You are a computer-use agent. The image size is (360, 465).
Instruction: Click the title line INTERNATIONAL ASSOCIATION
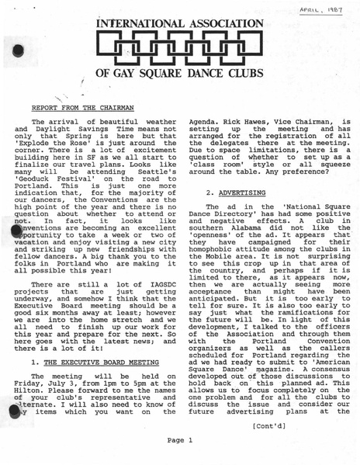[181, 23]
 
